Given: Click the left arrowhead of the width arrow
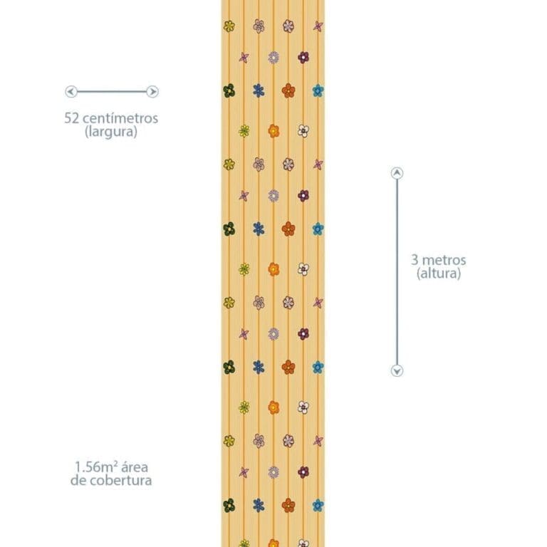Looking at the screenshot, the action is coord(71,92).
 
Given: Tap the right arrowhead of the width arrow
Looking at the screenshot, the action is coord(152,92).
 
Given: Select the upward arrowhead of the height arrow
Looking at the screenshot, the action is coord(397,173).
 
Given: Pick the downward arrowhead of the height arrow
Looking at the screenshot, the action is coord(397,370).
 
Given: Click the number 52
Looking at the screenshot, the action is coord(72,118).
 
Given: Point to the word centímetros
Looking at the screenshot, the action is coord(120,118).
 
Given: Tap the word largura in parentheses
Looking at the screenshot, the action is coord(111,132).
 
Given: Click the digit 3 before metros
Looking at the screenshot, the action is coord(415,260).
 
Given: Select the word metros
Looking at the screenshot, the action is coord(444,260).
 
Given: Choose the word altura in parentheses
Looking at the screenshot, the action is coord(439,273).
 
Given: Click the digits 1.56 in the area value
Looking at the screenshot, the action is coord(87,467).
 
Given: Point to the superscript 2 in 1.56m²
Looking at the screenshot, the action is coord(115,464).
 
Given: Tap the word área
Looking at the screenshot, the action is coord(135,467).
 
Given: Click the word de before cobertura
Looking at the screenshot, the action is coord(78,480).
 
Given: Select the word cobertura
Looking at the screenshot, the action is coord(120,480).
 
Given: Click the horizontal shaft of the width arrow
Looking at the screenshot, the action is coord(112,92).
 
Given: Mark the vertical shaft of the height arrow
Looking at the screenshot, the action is coord(397,272).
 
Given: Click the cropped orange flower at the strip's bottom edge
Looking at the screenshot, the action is coord(273,543).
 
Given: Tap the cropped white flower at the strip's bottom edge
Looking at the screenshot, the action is coord(303,543).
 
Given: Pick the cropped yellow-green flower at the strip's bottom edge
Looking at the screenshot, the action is coord(244,543).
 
